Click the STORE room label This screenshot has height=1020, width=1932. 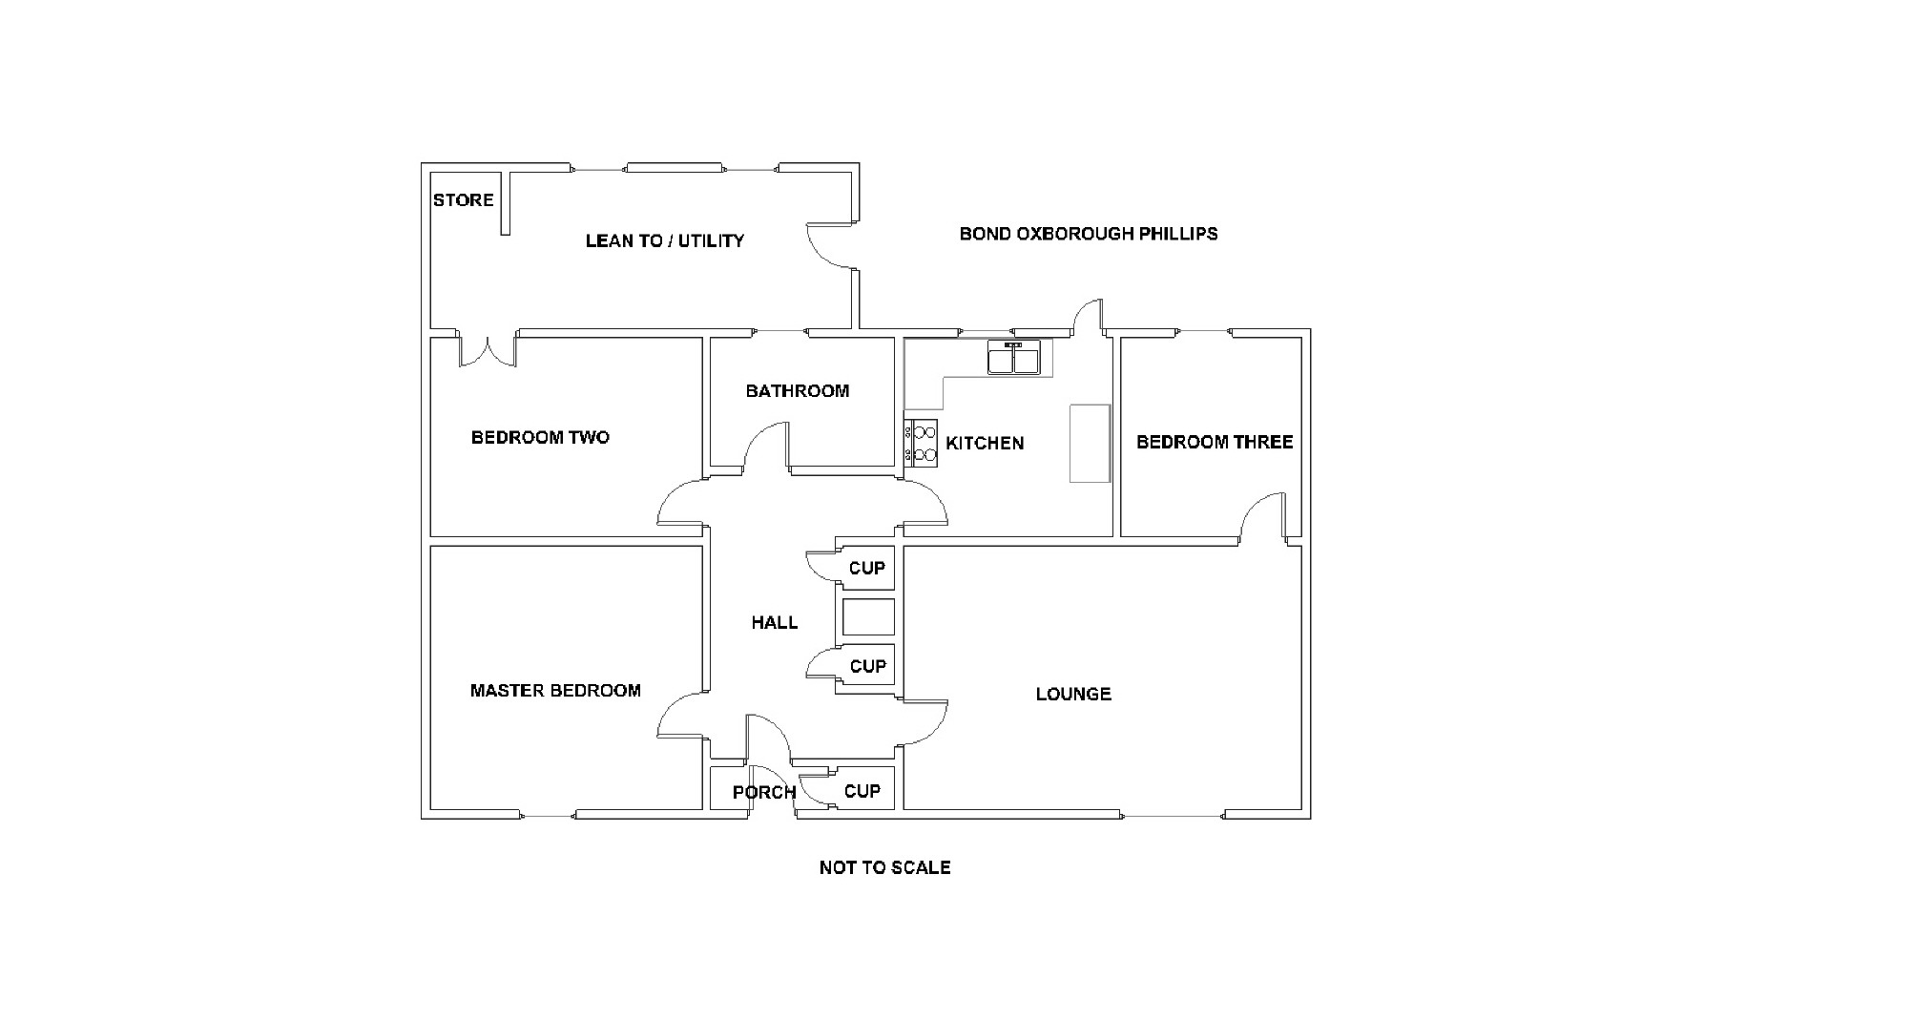tap(463, 200)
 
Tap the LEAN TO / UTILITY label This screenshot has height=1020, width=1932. tap(664, 240)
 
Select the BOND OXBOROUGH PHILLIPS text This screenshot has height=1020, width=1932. tap(1088, 234)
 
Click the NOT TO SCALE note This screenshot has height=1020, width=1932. tap(884, 867)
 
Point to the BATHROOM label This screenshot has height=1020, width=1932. tap(797, 391)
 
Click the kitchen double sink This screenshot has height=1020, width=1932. tap(1013, 360)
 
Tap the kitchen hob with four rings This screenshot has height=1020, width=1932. tap(923, 444)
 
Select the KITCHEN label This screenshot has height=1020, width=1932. tap(985, 444)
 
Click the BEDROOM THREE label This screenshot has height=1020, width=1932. tap(1214, 442)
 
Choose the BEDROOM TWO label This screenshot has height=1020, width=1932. tap(540, 438)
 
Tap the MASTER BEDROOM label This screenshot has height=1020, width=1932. tap(555, 691)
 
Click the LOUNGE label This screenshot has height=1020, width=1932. tap(1073, 695)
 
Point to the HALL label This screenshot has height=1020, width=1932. tap(774, 623)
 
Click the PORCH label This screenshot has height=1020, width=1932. tap(763, 792)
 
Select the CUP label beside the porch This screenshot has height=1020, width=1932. tap(862, 791)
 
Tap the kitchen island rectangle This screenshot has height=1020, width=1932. tap(1090, 444)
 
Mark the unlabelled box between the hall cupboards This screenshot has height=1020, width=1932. tap(868, 617)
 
